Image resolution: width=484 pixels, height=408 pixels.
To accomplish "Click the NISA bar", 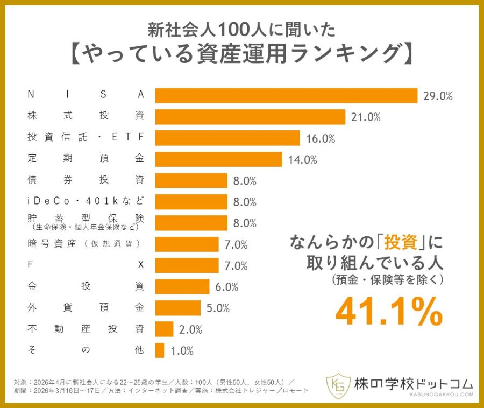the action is tap(286, 95).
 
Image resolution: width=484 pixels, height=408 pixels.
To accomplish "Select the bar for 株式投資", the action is tap(250, 117).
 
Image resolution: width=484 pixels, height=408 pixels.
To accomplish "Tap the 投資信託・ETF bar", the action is tap(227, 138).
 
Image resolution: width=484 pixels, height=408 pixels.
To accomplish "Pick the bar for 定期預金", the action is tap(218, 159).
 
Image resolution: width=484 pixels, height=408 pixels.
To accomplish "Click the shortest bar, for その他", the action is tap(160, 350).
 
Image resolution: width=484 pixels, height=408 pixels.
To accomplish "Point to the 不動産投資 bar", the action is tap(164, 329).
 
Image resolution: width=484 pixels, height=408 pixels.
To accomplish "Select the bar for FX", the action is tap(187, 265).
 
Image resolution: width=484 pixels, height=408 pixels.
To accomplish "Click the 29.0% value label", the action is tap(438, 96).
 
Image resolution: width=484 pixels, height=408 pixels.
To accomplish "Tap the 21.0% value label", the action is tap(366, 117).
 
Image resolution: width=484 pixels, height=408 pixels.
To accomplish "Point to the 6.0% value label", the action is tap(226, 287).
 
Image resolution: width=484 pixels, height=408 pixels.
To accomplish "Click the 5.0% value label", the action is tap(218, 308).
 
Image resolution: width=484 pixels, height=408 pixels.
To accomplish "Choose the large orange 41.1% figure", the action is tap(389, 311).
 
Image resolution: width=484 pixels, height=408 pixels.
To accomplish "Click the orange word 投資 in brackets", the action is tap(401, 242).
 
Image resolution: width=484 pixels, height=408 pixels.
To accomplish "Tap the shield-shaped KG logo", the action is tap(338, 385).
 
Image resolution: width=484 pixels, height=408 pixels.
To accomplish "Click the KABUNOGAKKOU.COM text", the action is tap(442, 395).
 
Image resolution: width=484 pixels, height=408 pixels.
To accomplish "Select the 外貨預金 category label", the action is tap(86, 307).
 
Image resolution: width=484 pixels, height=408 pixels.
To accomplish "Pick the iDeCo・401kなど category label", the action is tap(86, 201).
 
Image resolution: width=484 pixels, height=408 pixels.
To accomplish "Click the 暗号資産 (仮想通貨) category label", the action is tap(84, 244).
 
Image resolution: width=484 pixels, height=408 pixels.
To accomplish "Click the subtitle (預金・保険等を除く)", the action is tap(387, 280).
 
